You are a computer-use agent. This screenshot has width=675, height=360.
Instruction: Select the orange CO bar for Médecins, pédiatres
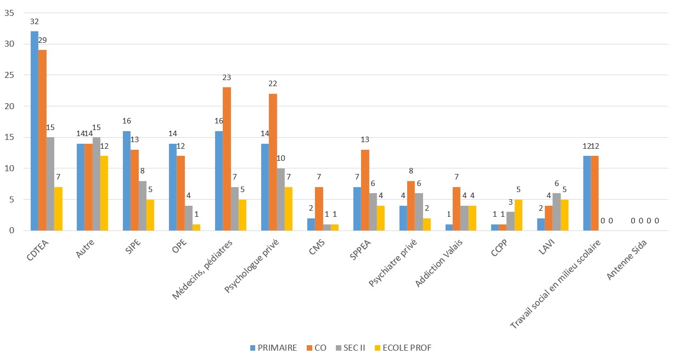tap(227, 159)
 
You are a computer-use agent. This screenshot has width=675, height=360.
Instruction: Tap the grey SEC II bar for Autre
tap(96, 184)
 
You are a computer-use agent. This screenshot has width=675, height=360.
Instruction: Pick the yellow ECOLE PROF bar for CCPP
tap(519, 215)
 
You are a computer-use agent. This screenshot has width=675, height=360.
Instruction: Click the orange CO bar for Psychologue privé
tap(273, 162)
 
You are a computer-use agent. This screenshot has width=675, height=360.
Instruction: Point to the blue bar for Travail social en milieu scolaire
tap(587, 193)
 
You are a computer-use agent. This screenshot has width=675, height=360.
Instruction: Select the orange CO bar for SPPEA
tap(365, 190)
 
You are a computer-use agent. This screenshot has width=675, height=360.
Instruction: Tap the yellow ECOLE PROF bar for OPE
tap(196, 227)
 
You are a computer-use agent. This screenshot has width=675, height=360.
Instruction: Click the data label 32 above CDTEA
tap(35, 21)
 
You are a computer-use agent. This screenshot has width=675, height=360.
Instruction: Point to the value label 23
tap(227, 77)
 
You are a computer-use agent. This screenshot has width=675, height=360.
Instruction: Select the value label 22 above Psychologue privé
tap(273, 83)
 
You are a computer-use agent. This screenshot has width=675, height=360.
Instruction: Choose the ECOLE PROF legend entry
tap(403, 347)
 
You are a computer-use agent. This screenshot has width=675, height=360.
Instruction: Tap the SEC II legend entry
tap(349, 347)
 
